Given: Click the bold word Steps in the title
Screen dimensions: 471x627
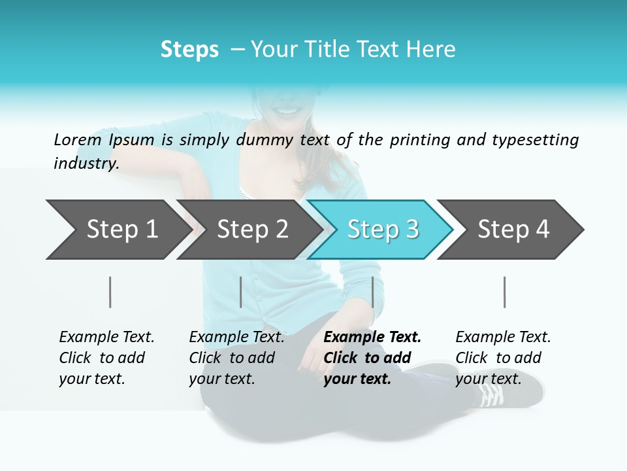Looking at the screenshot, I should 189,50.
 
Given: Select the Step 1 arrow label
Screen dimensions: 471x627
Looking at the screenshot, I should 122,229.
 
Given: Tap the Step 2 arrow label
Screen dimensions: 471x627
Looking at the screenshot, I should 253,229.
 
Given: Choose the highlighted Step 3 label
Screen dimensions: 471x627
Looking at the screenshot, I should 383,229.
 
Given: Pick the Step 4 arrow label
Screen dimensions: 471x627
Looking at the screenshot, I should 513,229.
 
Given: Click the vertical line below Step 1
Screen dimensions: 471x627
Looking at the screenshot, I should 110,292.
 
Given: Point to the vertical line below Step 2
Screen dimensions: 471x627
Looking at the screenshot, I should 241,292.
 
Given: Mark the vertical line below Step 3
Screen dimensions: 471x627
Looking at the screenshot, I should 372,292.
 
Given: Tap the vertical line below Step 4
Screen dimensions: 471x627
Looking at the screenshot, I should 505,292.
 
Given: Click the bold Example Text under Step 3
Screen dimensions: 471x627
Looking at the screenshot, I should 372,338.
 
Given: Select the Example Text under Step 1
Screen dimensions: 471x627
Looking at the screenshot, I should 106,338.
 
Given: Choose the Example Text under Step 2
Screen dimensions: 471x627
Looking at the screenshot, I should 236,338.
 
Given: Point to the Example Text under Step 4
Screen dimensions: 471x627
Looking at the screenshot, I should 503,338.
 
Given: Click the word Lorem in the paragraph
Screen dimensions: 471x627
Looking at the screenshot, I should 77,140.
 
